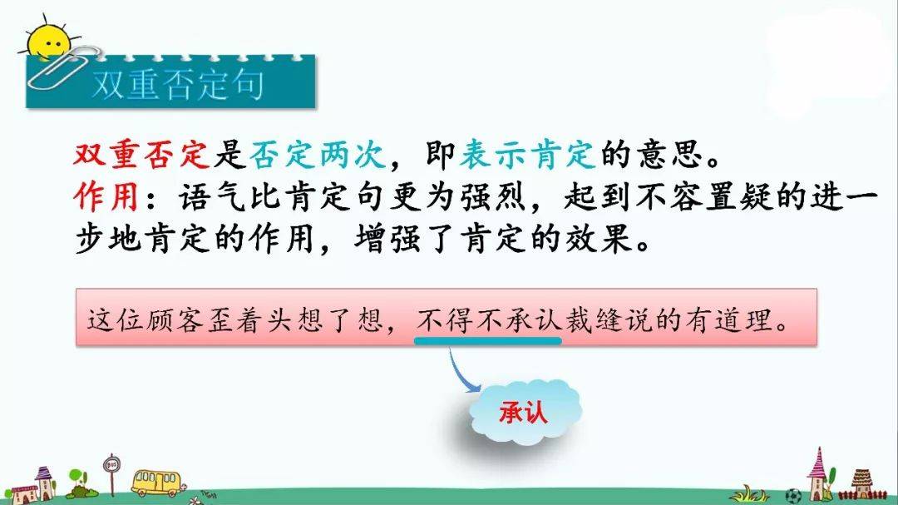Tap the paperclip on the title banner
(63, 67)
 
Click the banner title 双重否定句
(178, 85)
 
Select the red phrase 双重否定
(142, 154)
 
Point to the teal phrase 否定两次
(318, 154)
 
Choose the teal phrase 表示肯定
(527, 154)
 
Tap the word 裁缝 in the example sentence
(594, 320)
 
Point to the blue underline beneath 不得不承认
(488, 340)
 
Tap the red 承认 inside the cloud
(523, 412)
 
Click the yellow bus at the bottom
(156, 483)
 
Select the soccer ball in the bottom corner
(792, 495)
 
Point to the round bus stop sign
(111, 464)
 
